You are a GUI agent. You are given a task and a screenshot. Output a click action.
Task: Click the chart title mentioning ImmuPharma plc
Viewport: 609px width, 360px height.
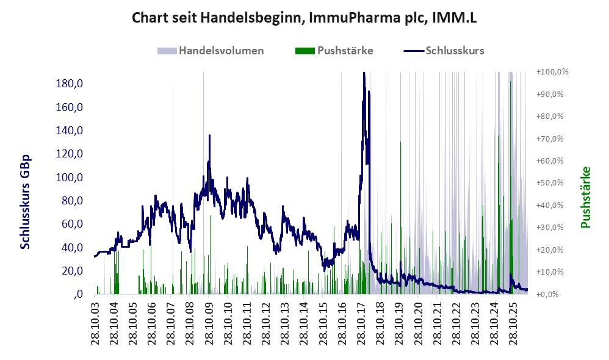click(304, 18)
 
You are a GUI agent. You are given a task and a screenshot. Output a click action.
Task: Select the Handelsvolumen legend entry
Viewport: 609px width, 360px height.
click(211, 51)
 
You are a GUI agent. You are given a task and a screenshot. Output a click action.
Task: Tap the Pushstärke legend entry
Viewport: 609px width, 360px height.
click(334, 51)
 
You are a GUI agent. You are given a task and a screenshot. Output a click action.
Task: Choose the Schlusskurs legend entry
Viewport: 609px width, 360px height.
click(444, 51)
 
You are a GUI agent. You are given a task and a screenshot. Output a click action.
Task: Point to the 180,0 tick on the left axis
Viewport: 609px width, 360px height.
click(70, 84)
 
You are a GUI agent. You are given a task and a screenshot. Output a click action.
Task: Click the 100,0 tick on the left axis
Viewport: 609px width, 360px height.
click(70, 178)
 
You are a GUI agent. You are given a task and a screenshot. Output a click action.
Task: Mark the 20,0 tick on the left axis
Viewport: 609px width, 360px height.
click(72, 271)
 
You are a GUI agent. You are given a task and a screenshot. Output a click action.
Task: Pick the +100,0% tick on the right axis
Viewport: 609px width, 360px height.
click(552, 72)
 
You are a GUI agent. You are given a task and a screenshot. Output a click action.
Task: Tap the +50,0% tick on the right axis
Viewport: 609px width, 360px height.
click(550, 183)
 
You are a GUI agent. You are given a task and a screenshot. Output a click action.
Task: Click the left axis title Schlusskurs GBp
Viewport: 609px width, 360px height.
click(25, 202)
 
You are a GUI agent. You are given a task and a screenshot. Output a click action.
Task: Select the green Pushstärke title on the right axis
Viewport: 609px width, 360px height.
click(585, 197)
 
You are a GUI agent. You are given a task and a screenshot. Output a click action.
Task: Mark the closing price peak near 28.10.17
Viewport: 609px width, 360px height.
click(364, 73)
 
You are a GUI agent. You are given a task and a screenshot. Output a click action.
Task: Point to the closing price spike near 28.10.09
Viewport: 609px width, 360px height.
click(210, 135)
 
